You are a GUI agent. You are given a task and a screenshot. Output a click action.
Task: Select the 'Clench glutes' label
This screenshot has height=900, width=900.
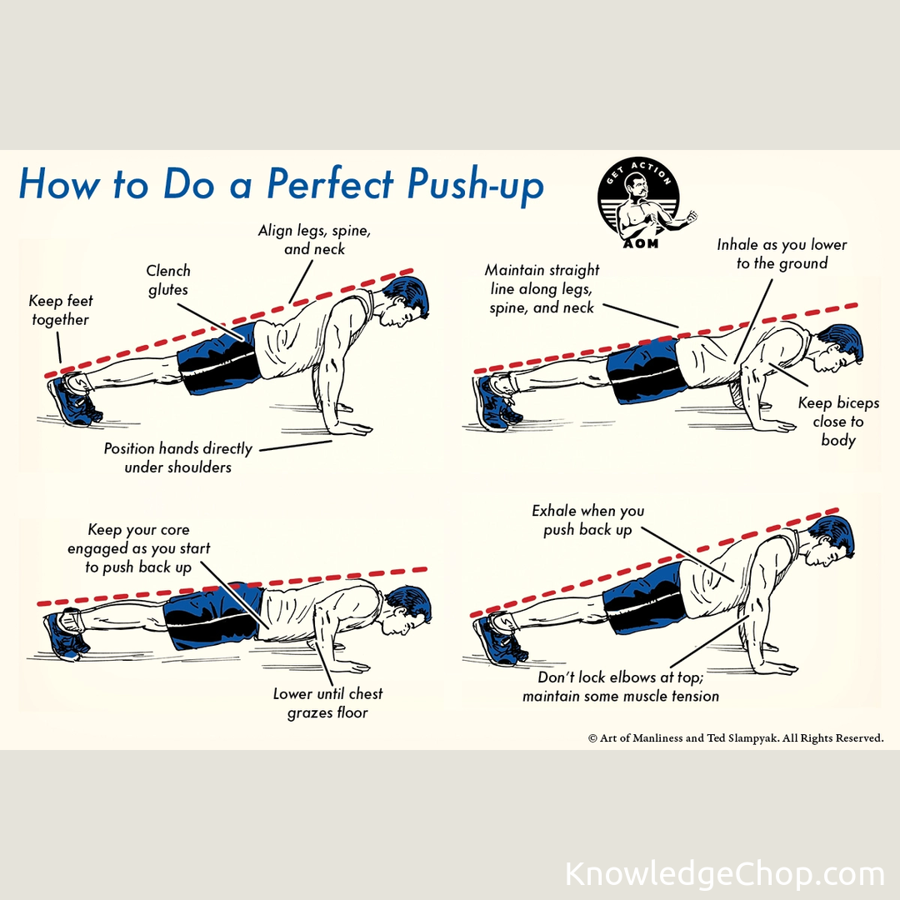(x=167, y=280)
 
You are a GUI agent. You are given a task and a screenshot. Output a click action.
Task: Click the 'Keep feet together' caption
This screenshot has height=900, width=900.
(x=60, y=310)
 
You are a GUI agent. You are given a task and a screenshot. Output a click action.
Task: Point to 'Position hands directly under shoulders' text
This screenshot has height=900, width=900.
(x=178, y=457)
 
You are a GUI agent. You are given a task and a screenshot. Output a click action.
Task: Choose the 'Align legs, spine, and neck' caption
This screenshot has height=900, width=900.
(x=314, y=239)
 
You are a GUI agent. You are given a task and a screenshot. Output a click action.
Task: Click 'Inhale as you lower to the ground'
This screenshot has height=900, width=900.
(x=782, y=253)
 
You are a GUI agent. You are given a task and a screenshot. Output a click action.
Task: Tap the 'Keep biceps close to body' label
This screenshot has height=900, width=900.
(x=838, y=422)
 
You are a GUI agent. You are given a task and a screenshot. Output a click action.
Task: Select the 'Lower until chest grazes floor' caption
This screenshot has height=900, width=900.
(x=327, y=703)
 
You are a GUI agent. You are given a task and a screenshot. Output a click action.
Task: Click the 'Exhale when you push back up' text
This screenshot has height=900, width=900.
(x=587, y=520)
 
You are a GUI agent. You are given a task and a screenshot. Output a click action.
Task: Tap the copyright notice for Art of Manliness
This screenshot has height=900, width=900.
(x=736, y=738)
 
